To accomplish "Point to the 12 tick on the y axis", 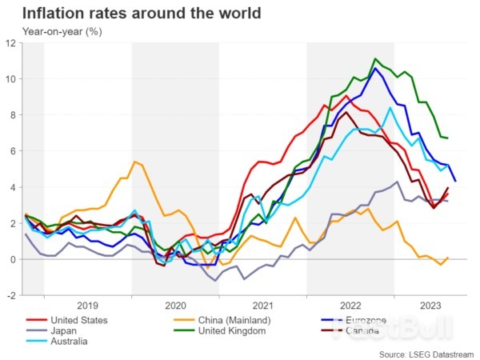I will [11, 43].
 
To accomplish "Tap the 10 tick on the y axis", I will [11, 79].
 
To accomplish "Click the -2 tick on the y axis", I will [12, 295].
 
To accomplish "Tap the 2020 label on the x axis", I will [175, 306].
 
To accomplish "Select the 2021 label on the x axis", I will [263, 306].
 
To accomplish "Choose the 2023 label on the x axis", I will [429, 306].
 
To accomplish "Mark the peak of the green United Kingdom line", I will [374, 58].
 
